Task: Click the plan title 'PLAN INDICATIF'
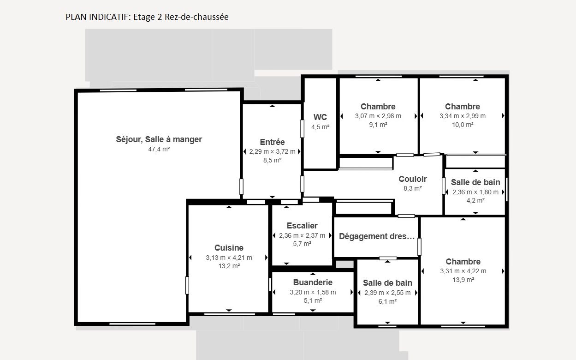(97, 17)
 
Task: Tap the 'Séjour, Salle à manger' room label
(159, 139)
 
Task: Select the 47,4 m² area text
(159, 149)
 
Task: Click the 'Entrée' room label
(272, 142)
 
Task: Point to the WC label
(320, 117)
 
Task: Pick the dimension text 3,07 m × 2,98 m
(378, 116)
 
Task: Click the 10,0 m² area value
(463, 125)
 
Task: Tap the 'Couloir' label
(412, 179)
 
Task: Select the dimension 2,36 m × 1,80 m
(475, 192)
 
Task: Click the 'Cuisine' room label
(229, 247)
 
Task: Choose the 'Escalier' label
(302, 225)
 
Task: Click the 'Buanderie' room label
(313, 282)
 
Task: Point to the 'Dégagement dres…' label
(377, 236)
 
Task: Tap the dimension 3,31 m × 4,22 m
(463, 271)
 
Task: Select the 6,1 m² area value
(387, 301)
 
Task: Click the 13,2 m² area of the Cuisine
(229, 266)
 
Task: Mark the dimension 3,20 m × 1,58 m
(313, 292)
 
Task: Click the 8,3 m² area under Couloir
(412, 188)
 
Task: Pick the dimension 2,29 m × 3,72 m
(272, 151)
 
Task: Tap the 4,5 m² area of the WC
(320, 127)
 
